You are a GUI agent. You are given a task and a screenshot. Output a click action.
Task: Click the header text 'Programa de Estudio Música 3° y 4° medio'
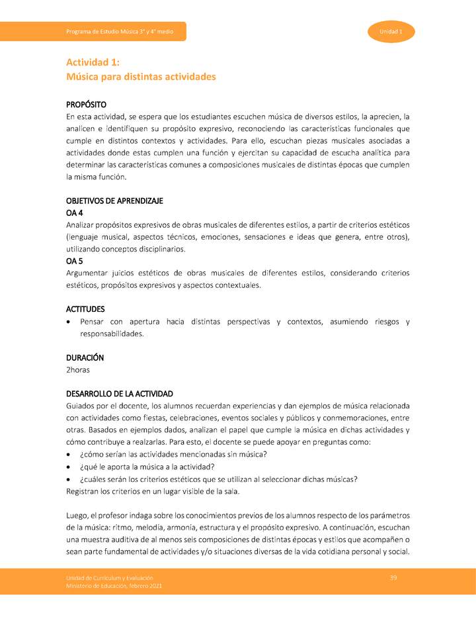tap(120, 32)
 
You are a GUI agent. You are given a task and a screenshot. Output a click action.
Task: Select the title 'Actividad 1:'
tap(93, 62)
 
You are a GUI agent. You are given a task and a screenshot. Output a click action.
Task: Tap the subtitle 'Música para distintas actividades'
tap(141, 77)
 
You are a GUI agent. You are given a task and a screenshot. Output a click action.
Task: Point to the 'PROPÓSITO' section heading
tap(87, 105)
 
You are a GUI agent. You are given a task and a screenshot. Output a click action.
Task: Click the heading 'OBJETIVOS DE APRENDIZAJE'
tap(114, 201)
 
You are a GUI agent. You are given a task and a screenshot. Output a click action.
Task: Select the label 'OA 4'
tap(75, 213)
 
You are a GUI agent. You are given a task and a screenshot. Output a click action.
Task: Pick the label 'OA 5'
tap(75, 261)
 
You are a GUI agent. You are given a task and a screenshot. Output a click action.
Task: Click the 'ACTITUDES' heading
tap(85, 309)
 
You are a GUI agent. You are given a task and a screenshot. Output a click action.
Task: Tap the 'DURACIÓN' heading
tap(85, 357)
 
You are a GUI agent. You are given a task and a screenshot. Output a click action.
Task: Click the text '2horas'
tap(78, 369)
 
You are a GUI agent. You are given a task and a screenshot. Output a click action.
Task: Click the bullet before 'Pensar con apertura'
tap(69, 322)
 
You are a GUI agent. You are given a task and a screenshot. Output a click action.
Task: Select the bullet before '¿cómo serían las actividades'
tap(69, 455)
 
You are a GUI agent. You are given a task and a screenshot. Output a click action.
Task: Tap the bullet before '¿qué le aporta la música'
tap(69, 467)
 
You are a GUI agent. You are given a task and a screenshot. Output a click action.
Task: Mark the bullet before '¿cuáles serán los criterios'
tap(69, 479)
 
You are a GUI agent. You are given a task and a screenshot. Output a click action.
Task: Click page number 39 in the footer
tap(393, 578)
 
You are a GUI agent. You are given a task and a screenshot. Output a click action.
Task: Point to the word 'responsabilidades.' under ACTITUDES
tap(112, 334)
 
